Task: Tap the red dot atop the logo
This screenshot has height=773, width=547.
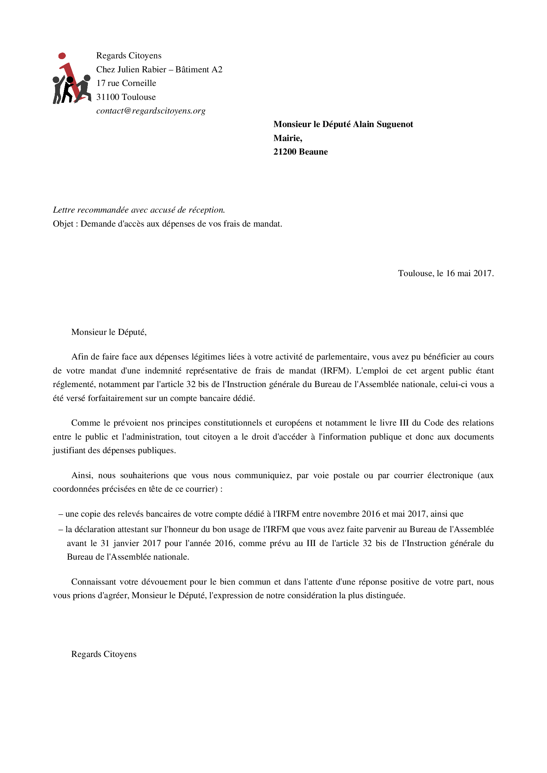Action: (62, 56)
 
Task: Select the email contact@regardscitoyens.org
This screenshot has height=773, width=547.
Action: (151, 111)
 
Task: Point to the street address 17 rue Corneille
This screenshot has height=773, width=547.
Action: (126, 83)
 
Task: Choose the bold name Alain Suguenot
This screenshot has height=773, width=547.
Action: (383, 124)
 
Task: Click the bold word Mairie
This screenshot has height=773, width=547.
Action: (287, 138)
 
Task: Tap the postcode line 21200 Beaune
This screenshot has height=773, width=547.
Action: (300, 152)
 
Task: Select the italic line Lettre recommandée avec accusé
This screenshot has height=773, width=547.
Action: (139, 210)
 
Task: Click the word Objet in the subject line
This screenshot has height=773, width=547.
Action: (63, 224)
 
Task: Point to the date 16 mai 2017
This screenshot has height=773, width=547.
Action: (469, 274)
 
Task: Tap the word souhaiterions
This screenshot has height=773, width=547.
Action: (144, 476)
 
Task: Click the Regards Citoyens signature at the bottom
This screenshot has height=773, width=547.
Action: (104, 654)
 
